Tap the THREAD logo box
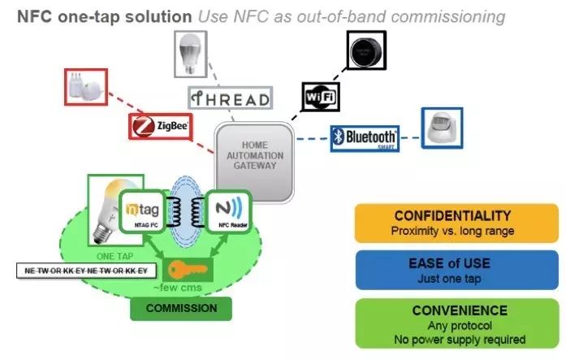click(x=230, y=98)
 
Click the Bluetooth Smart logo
click(x=365, y=137)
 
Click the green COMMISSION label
click(x=181, y=308)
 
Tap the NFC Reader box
click(x=227, y=214)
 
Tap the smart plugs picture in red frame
click(x=86, y=87)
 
